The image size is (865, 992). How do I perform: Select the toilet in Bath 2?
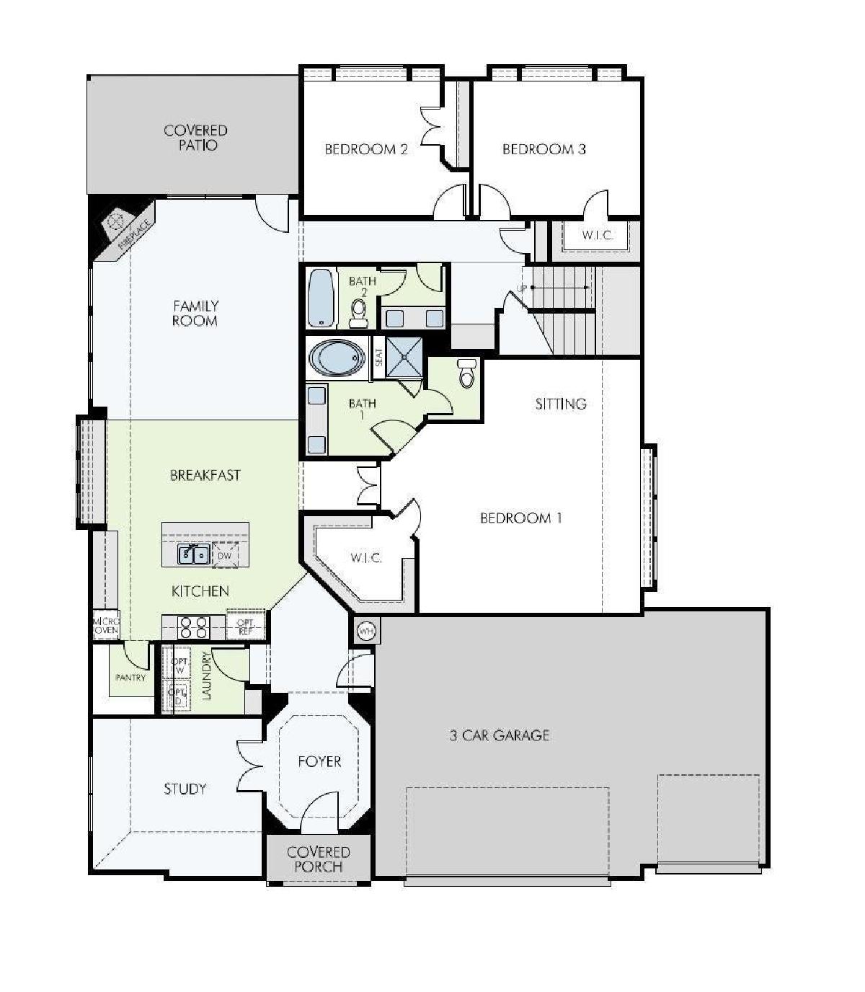358,311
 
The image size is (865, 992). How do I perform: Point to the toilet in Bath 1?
466,373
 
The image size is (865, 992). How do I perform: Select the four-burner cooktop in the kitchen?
193,627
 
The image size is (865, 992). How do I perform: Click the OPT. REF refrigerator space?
245,626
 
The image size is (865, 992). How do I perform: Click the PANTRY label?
131,678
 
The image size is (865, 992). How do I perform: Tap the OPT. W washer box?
179,663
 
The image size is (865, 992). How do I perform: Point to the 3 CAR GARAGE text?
500,735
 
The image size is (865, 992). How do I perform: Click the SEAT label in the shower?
378,357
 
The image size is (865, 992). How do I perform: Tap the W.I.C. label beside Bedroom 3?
598,236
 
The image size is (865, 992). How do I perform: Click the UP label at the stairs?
521,288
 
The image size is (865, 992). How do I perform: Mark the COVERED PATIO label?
196,138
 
